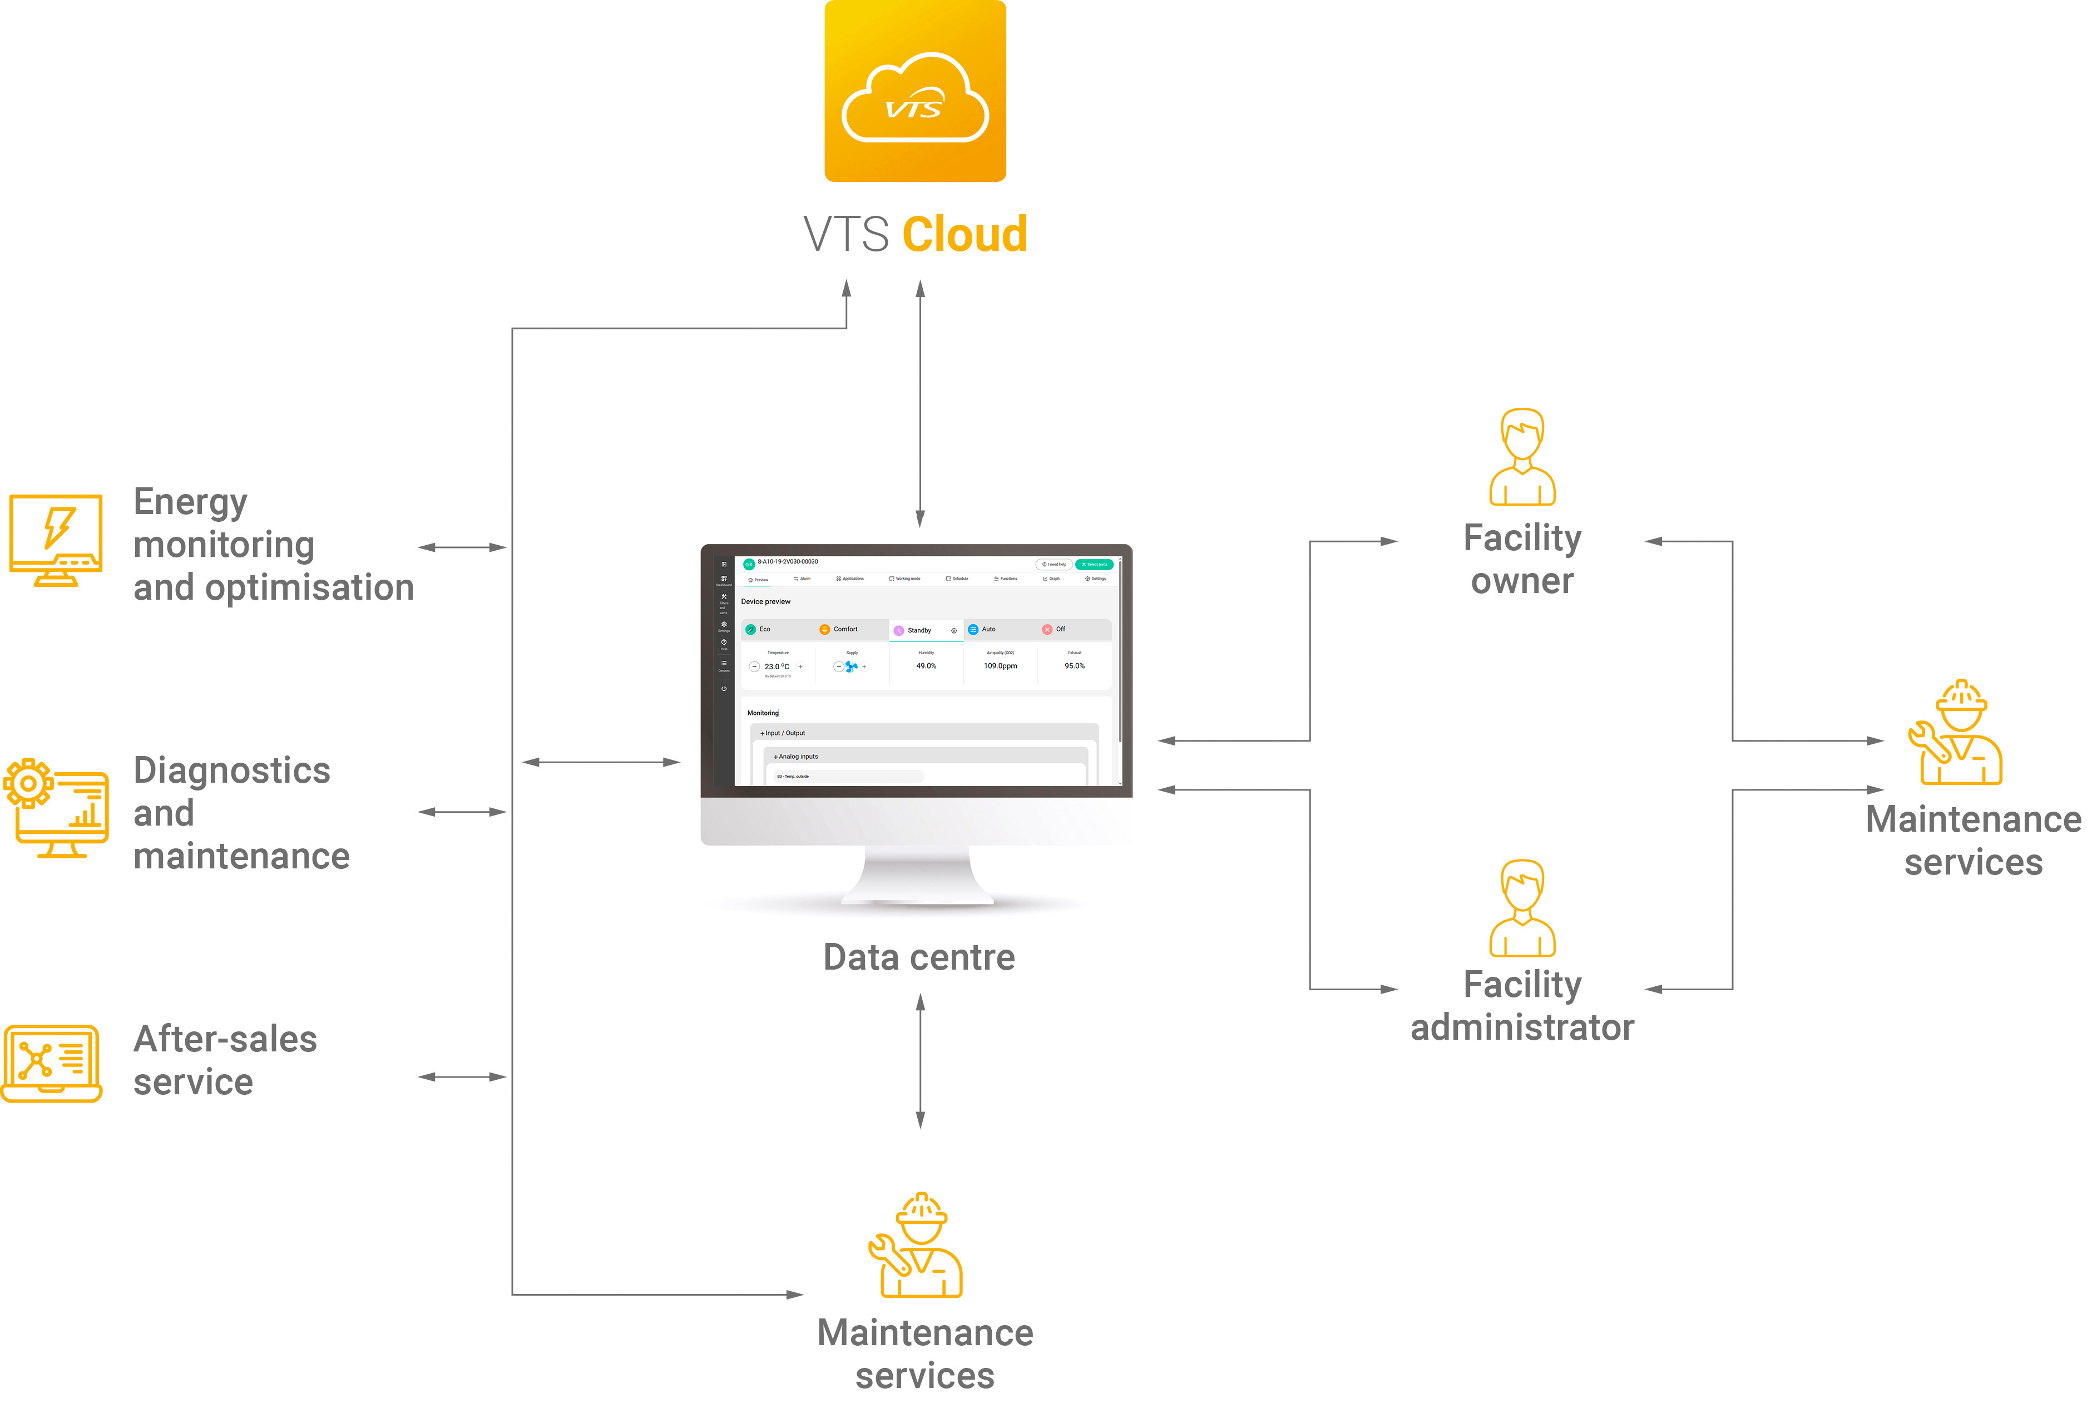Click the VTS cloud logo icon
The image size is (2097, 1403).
(x=914, y=91)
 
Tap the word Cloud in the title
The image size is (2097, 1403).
(x=965, y=234)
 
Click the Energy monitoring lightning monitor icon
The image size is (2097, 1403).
(x=56, y=540)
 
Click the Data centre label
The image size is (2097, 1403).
(x=919, y=957)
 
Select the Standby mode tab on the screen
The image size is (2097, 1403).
(x=919, y=630)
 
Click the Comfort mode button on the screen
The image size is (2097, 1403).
(x=844, y=629)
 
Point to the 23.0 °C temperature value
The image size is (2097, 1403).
(x=777, y=666)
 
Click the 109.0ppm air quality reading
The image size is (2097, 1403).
(x=1000, y=666)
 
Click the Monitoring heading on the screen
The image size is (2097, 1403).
(x=763, y=713)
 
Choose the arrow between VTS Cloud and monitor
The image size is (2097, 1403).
(x=919, y=403)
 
